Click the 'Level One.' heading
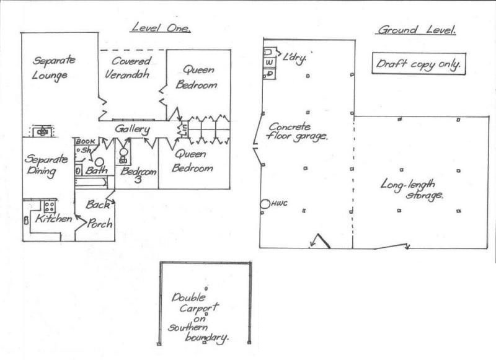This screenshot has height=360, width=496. coord(161,28)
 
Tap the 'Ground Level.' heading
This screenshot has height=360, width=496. coord(417,30)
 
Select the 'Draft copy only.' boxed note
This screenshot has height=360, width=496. coord(419,64)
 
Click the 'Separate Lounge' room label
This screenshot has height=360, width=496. coord(53,68)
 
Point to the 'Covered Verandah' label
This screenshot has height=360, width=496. coord(128,68)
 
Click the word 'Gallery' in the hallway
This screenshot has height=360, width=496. coord(132,130)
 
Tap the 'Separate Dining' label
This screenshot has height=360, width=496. coord(46,165)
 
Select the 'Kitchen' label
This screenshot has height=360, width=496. coord(53,219)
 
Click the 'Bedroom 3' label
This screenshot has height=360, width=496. coord(138,175)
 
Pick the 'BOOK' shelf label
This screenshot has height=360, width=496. coord(85,141)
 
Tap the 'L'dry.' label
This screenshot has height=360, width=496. coord(294,58)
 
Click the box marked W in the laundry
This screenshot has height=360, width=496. coord(269,63)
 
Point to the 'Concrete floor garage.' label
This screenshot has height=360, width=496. coord(297,131)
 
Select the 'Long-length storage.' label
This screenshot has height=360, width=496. coord(411,189)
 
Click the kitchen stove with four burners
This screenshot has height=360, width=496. coord(50,207)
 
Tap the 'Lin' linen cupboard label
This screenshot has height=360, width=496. coord(183,130)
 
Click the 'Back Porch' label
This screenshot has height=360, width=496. coord(99,214)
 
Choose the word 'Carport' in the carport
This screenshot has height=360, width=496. coord(199,307)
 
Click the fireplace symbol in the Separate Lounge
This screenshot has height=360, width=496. coord(42,131)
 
